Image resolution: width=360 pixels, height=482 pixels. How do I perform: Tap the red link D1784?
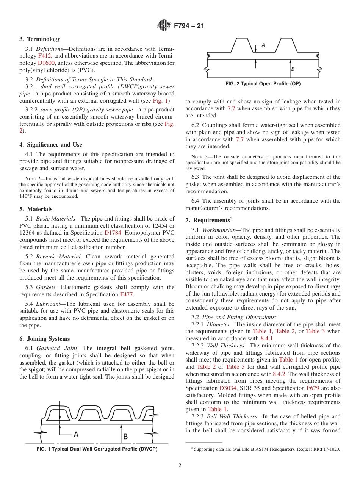click(x=113, y=233)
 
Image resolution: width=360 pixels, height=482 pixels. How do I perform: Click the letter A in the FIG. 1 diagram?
click(x=76, y=435)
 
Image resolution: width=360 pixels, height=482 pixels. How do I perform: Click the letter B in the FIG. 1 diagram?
click(x=125, y=437)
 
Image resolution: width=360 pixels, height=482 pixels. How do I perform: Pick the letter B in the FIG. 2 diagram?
click(x=293, y=69)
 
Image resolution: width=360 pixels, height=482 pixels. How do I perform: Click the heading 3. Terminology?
click(x=40, y=39)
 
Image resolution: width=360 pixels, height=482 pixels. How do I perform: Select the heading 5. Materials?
click(x=36, y=209)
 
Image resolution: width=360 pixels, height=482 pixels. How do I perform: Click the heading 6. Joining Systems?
click(x=44, y=339)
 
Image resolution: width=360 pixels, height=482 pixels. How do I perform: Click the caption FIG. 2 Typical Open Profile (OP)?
click(x=263, y=84)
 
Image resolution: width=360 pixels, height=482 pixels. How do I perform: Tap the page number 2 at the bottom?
click(x=180, y=466)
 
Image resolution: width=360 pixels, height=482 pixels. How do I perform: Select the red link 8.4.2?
click(x=280, y=374)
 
